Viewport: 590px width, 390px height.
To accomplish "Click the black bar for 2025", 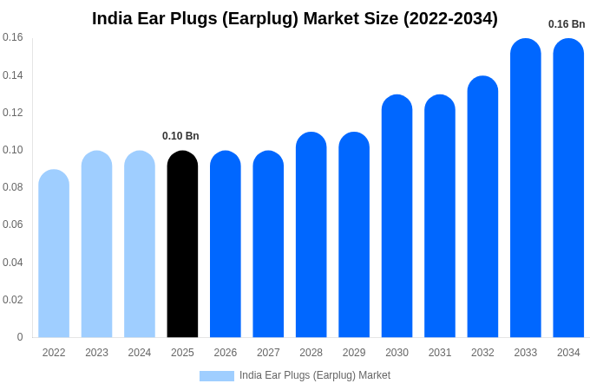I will coord(182,244).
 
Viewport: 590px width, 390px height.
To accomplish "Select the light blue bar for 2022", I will coord(54,254).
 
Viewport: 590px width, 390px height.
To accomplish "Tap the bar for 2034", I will coord(568,188).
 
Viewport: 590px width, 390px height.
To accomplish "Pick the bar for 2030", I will coord(397,217).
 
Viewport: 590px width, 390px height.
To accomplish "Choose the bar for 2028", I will coord(311,235).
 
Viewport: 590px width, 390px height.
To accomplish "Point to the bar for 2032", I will coord(482,207).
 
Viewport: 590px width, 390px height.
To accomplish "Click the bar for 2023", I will coord(96,244).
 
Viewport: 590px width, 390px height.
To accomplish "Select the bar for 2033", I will coord(525,188).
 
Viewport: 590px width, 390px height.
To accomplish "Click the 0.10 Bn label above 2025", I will coord(180,136).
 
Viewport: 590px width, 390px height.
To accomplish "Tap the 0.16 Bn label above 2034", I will coord(567,24).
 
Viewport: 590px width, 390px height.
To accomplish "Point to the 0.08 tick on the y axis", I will coord(13,187).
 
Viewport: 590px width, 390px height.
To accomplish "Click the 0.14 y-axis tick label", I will coord(13,75).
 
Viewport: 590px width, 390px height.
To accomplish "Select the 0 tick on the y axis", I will coord(20,337).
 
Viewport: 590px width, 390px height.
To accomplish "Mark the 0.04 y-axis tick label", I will coord(13,263).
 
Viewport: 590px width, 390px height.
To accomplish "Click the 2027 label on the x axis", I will coord(268,353).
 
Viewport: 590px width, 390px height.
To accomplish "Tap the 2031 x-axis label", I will coord(440,353).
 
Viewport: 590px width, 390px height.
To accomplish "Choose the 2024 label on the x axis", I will coord(140,353).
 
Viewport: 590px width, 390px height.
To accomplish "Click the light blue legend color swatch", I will coord(216,376).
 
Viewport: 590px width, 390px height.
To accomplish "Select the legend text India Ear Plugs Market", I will coord(315,375).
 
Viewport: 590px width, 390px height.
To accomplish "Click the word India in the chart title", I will coord(111,18).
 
